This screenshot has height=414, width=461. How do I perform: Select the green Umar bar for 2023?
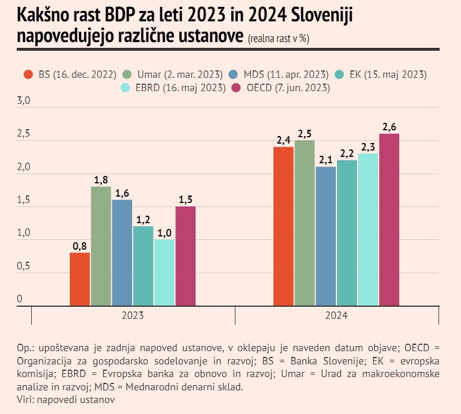(101, 246)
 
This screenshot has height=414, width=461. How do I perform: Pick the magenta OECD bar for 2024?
(389, 219)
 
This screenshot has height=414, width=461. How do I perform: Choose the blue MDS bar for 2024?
(325, 236)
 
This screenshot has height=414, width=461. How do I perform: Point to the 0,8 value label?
(80, 246)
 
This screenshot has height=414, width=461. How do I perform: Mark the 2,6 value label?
(389, 127)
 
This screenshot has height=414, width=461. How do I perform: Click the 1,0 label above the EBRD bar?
(164, 232)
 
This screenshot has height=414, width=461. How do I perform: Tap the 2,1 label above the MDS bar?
(325, 160)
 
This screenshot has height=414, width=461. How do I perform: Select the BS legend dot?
(28, 74)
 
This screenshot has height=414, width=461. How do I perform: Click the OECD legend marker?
(235, 88)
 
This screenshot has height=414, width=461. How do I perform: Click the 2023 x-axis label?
(133, 316)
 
